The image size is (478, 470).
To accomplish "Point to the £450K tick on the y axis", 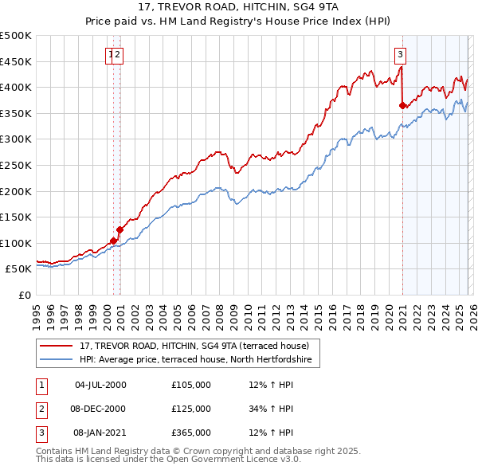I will tap(16, 61).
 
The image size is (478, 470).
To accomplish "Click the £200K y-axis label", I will tap(16, 191).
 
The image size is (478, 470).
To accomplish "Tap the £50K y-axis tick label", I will tap(19, 269).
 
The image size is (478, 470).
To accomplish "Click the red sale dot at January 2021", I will tap(402, 105).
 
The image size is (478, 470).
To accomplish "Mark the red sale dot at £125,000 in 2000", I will tap(119, 229).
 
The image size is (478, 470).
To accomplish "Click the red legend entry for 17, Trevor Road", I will tap(199, 346).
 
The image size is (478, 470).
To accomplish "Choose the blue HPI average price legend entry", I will tap(199, 360).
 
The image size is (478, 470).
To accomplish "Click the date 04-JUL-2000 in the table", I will tap(100, 385).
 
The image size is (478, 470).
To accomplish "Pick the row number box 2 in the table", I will tap(41, 409).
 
